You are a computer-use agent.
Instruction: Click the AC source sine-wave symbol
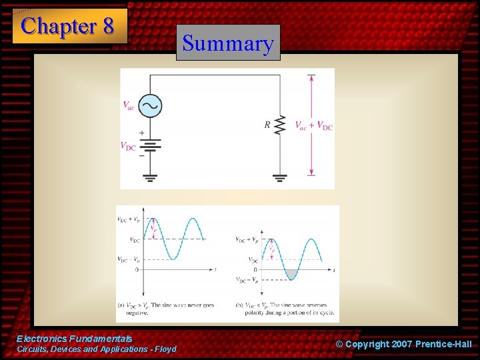pos(149,105)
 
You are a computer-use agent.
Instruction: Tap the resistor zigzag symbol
pos(280,124)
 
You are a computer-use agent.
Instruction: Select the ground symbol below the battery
pos(149,177)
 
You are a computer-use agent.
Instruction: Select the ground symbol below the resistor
pos(280,177)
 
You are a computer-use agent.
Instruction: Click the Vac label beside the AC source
pos(129,105)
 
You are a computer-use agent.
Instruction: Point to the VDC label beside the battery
pos(128,146)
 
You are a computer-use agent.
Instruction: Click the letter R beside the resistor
pos(267,125)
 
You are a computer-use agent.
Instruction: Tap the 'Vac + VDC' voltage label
pos(313,125)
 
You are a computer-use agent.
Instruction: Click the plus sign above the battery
pos(142,133)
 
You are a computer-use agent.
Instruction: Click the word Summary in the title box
pos(228,43)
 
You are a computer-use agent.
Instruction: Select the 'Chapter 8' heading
pos(69,26)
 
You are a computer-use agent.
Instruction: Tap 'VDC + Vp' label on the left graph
pos(128,219)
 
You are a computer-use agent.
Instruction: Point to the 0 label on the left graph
pos(136,269)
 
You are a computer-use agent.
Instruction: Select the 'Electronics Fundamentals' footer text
pos(74,339)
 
